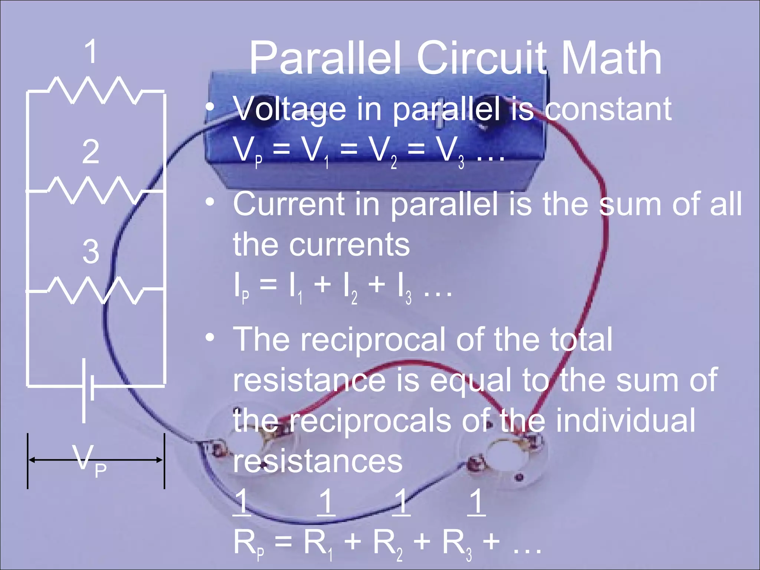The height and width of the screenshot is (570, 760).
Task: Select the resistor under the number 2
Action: coord(95,190)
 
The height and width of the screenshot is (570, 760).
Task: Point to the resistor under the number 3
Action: coord(95,290)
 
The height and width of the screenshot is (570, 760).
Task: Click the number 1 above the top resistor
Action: coord(90,52)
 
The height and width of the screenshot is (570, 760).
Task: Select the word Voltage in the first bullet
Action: coord(290,109)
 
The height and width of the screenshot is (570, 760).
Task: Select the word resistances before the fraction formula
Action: coord(318,461)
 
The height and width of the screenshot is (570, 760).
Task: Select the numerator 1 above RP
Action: coord(242,502)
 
